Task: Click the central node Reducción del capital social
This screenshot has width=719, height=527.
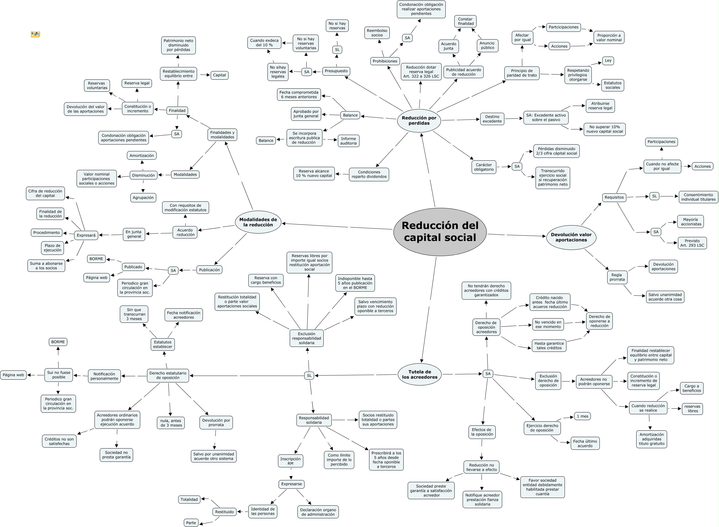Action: [439, 232]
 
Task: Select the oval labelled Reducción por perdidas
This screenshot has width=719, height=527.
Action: [419, 120]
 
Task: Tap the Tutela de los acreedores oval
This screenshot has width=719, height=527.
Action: [419, 374]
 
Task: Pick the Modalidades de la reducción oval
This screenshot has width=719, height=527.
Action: [258, 222]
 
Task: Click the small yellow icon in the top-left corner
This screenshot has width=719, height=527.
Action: [35, 34]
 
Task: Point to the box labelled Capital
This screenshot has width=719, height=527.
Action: [219, 75]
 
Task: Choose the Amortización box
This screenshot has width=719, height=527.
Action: [142, 156]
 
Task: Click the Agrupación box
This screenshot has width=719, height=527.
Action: [143, 198]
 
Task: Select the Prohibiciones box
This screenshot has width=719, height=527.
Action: [385, 61]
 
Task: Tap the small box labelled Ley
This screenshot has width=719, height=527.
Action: [608, 61]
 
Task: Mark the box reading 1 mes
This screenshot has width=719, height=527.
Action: [582, 416]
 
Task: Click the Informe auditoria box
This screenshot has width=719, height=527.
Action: [348, 141]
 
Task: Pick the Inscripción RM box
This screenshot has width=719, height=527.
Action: [290, 461]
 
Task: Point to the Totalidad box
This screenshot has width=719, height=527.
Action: [189, 500]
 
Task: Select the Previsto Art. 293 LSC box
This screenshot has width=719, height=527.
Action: [692, 243]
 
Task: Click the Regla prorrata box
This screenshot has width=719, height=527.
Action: [617, 277]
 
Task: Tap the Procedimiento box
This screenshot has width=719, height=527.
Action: [47, 233]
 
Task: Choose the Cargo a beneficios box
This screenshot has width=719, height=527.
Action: [692, 388]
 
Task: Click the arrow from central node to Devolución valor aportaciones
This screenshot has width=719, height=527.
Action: [517, 235]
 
